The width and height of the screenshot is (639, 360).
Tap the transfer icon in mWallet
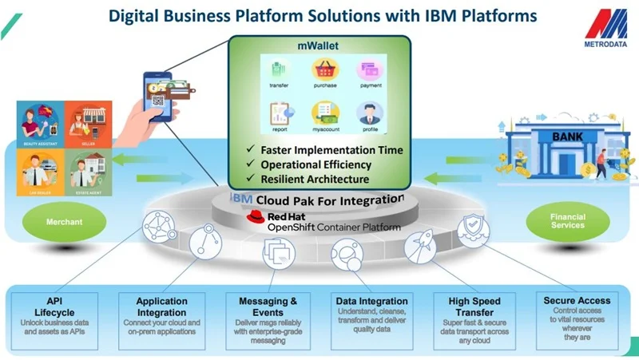coord(280,69)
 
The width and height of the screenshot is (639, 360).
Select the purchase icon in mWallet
coord(324,69)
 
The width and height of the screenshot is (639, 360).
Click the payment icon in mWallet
coord(369,69)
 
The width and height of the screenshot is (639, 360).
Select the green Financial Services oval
coord(567,221)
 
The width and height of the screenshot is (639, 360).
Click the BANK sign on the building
coord(567,136)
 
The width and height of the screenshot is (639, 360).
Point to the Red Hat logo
coord(256,216)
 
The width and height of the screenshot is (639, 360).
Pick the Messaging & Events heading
coord(268,307)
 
